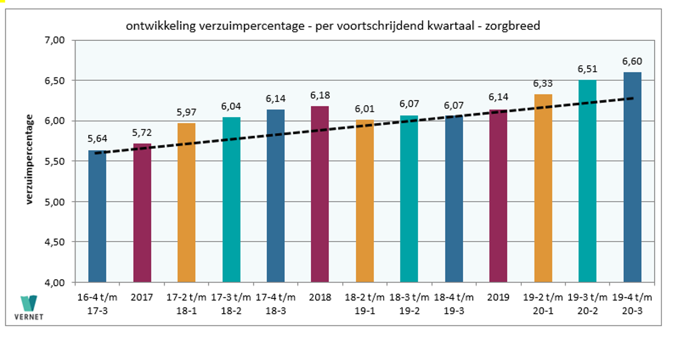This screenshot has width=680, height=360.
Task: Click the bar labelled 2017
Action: pos(142,212)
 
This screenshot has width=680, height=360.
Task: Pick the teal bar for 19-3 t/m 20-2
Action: pos(588,181)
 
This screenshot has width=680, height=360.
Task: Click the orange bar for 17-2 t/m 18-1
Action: pos(186,202)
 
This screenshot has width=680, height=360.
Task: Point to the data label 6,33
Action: pos(543,84)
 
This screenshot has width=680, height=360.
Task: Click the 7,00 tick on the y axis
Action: pos(54,40)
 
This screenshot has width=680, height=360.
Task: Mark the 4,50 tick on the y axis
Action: pos(54,242)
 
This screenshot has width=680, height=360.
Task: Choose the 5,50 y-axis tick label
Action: pos(54,161)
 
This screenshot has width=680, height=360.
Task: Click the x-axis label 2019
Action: pos(498,297)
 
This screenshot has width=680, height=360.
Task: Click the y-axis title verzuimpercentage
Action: pos(30,160)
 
